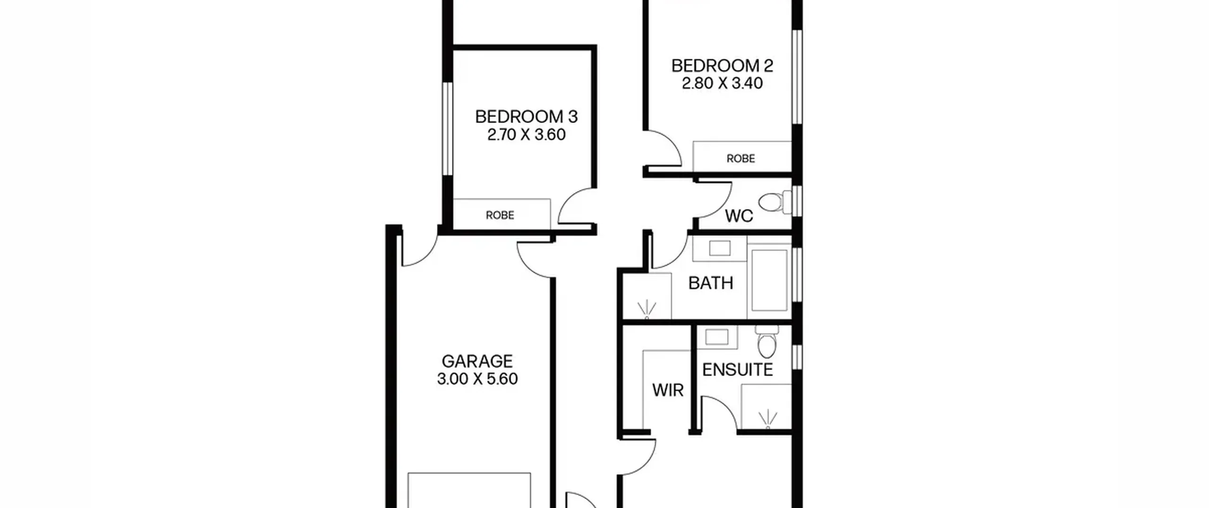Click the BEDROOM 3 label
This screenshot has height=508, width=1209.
pyautogui.click(x=526, y=116)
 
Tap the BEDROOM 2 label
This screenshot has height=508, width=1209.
pyautogui.click(x=722, y=66)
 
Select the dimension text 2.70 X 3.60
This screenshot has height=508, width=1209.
pyautogui.click(x=526, y=135)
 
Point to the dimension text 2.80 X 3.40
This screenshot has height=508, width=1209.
pyautogui.click(x=722, y=84)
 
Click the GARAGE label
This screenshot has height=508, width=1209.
pyautogui.click(x=477, y=361)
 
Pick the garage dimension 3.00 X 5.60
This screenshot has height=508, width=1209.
pyautogui.click(x=477, y=379)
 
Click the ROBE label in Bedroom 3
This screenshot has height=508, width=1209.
pyautogui.click(x=500, y=215)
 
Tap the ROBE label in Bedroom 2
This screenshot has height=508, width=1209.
pyautogui.click(x=741, y=159)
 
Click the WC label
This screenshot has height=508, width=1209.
pyautogui.click(x=739, y=216)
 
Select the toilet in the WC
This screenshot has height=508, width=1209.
pyautogui.click(x=775, y=202)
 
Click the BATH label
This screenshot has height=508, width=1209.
pyautogui.click(x=710, y=283)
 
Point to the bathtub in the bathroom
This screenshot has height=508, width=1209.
pyautogui.click(x=769, y=281)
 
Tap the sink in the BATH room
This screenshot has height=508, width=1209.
pyautogui.click(x=719, y=248)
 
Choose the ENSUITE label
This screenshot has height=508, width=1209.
pyautogui.click(x=737, y=370)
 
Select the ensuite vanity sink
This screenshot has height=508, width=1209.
pyautogui.click(x=717, y=337)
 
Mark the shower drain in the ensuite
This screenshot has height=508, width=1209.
pyautogui.click(x=767, y=420)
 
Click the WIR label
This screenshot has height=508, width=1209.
pyautogui.click(x=668, y=390)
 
